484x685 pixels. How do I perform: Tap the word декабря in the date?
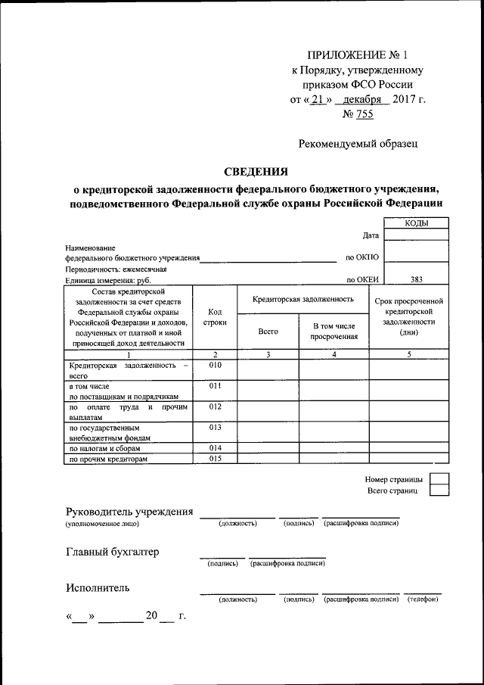pos(365,99)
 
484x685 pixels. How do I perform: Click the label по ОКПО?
pos(361,257)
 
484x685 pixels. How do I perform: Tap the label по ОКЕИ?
pos(362,279)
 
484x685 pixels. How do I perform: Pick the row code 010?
pos(216,365)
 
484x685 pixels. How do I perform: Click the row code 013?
pos(216,428)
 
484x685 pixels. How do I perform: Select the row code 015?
pos(216,458)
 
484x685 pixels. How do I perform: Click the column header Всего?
pos(268,332)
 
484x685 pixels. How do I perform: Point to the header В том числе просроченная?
pos(334,332)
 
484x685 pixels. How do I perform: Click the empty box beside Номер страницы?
pos(439,479)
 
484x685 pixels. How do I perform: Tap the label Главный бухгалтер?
pos(113,552)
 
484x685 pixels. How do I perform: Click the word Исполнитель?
pos(98,587)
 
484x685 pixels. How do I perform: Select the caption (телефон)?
pos(423,599)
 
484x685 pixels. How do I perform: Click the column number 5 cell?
pos(408,354)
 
